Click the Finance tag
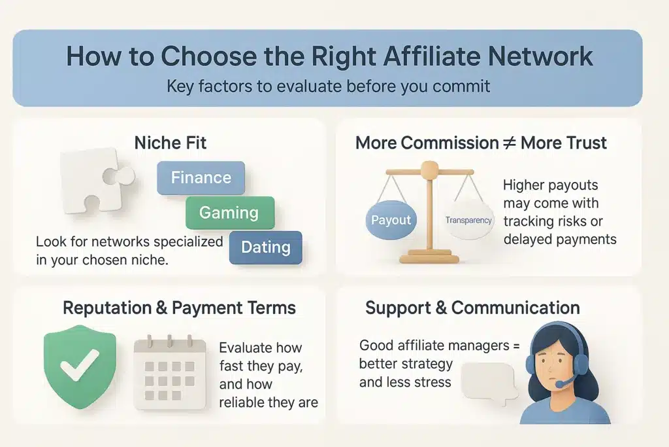point(201,178)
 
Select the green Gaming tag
point(229,213)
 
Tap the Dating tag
point(265,247)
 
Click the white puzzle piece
point(96,179)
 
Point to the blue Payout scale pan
point(391,220)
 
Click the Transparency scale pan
point(468,220)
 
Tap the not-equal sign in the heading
point(510,143)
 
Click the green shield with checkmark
point(80,367)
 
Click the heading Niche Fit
point(171,143)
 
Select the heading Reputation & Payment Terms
point(179,308)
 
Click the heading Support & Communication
point(472,308)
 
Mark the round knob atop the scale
point(430,170)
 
